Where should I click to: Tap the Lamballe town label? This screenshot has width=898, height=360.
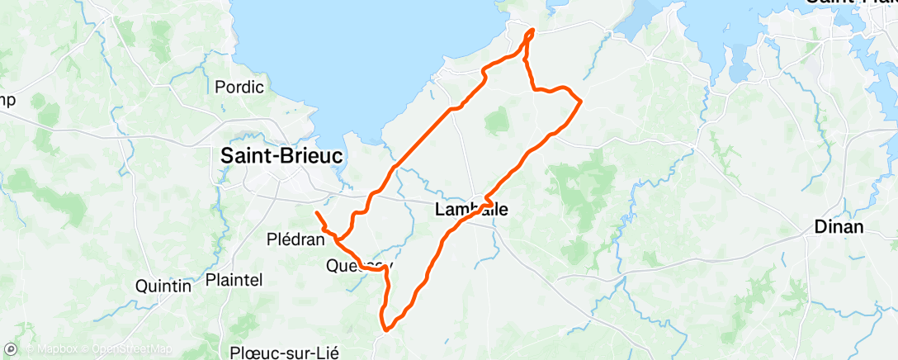[471, 211]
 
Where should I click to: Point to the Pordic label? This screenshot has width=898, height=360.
[239, 87]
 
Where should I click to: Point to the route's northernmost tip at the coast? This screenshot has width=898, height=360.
[531, 31]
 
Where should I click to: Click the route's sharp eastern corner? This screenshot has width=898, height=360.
[581, 101]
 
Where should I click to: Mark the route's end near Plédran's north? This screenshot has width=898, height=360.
[317, 213]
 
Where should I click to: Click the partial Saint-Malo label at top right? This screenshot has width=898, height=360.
[850, 3]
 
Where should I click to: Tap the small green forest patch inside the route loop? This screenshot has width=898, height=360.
[497, 122]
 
